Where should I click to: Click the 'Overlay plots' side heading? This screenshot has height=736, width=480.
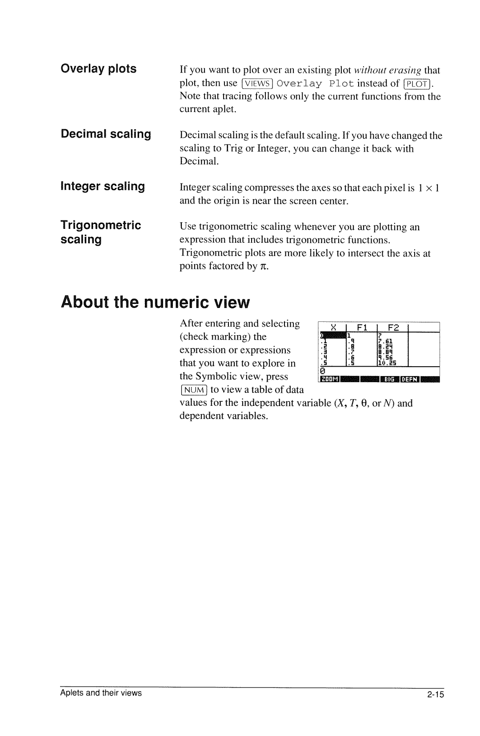pyautogui.click(x=98, y=69)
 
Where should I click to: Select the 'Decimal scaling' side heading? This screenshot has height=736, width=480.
pyautogui.click(x=106, y=134)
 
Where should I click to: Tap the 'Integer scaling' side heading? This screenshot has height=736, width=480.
pyautogui.click(x=103, y=186)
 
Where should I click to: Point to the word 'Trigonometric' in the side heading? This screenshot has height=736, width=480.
pyautogui.click(x=101, y=225)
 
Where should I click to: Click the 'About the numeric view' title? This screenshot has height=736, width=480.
pyautogui.click(x=156, y=302)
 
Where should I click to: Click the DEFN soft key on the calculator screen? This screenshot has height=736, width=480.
pyautogui.click(x=410, y=379)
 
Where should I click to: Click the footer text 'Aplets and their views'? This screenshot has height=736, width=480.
pyautogui.click(x=101, y=693)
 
